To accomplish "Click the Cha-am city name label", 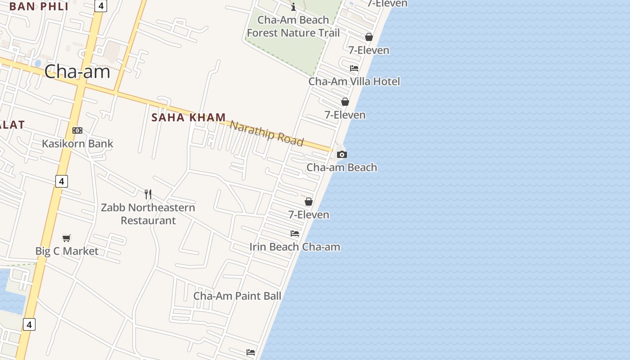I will pyautogui.click(x=77, y=72).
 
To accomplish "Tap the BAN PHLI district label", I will pyautogui.click(x=39, y=6).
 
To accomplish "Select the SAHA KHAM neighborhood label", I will pyautogui.click(x=189, y=117).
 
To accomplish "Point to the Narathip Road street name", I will pyautogui.click(x=266, y=133).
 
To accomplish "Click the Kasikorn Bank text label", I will pyautogui.click(x=77, y=144).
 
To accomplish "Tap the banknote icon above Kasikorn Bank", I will pyautogui.click(x=77, y=130).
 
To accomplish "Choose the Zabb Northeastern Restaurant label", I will pyautogui.click(x=148, y=214).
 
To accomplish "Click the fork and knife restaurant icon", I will pyautogui.click(x=148, y=194).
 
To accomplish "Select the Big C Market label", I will pyautogui.click(x=67, y=251).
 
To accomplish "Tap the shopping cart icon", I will pyautogui.click(x=67, y=238).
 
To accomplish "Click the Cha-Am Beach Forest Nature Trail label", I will pyautogui.click(x=293, y=27).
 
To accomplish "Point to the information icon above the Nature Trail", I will pyautogui.click(x=293, y=7).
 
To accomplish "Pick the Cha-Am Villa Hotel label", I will pyautogui.click(x=354, y=81).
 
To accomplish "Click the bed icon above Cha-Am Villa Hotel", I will pyautogui.click(x=354, y=68).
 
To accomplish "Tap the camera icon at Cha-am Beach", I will pyautogui.click(x=342, y=155).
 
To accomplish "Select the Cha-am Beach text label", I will pyautogui.click(x=342, y=167).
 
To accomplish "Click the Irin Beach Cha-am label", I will pyautogui.click(x=295, y=247).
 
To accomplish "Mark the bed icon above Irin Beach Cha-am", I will pyautogui.click(x=295, y=234).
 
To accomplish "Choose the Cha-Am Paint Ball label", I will pyautogui.click(x=237, y=296).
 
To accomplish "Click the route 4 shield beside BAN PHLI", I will pyautogui.click(x=100, y=6).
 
